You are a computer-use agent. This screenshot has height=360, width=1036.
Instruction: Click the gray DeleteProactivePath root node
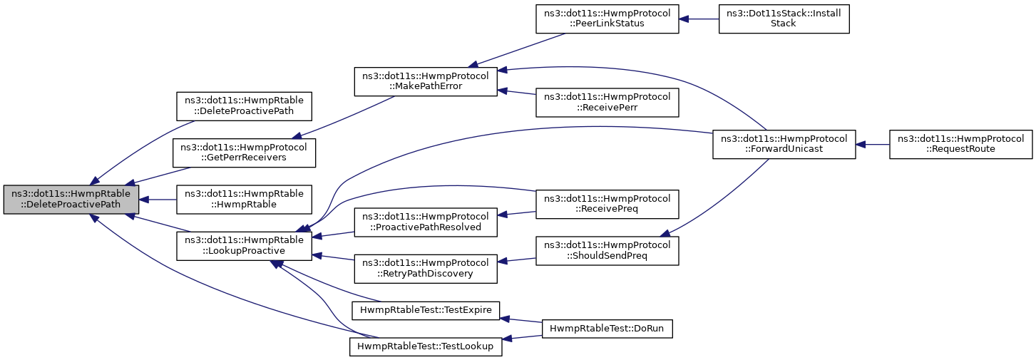(x=71, y=200)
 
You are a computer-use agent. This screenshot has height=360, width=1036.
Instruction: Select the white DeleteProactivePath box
(x=244, y=106)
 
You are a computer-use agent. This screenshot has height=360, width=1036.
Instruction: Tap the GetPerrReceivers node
(x=244, y=153)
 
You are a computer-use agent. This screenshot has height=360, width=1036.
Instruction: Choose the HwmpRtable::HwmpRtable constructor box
(x=244, y=200)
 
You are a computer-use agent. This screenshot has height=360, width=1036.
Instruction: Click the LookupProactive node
(x=244, y=246)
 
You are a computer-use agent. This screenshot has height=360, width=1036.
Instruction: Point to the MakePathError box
(x=426, y=82)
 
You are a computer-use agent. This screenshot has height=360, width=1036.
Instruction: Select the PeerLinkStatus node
(x=607, y=19)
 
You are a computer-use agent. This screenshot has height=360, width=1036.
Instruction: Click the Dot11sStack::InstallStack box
(x=784, y=19)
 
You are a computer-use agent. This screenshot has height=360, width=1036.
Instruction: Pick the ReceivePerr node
(x=607, y=103)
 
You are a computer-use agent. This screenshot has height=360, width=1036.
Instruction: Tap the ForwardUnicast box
(x=784, y=145)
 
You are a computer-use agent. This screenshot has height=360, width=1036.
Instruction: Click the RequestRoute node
(x=960, y=145)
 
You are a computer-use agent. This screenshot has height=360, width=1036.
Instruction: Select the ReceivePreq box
(x=607, y=205)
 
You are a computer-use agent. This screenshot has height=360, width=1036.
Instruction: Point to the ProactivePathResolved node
(x=426, y=222)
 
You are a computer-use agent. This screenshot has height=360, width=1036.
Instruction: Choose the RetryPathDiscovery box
(x=426, y=269)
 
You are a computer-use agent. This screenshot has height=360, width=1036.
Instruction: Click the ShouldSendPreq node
(x=607, y=251)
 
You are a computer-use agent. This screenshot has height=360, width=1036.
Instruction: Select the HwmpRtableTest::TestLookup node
(x=426, y=346)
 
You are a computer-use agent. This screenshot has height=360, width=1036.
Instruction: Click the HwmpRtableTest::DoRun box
(x=607, y=329)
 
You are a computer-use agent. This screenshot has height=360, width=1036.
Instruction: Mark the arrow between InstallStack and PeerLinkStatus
(x=699, y=19)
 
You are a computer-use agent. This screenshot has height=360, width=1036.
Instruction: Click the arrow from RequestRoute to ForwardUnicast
(x=872, y=145)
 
